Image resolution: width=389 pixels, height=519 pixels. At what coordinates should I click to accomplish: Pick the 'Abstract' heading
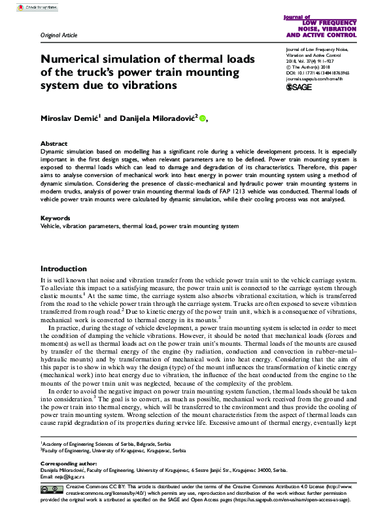coord(54,143)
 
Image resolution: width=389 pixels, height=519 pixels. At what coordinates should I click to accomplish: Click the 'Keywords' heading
coord(56,218)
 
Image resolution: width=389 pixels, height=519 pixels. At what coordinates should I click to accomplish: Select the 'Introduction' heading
coord(63,269)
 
